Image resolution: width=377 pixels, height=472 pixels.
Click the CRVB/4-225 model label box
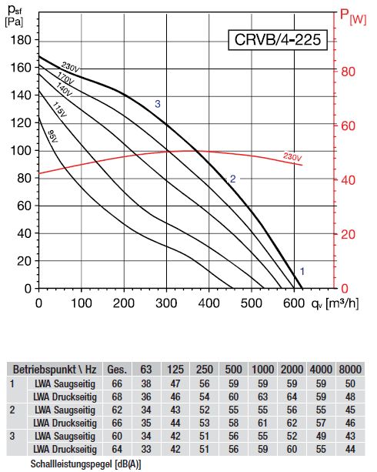(278, 39)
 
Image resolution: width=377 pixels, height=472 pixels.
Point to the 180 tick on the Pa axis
(21, 40)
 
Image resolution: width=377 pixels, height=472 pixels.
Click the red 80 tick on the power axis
(348, 72)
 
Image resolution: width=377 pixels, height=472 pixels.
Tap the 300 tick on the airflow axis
(166, 303)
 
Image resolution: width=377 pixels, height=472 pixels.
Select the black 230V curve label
(71, 67)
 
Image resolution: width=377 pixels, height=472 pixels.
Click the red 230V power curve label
(292, 157)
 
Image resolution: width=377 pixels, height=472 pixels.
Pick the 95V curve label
(52, 136)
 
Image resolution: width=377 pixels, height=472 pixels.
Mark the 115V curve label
(59, 109)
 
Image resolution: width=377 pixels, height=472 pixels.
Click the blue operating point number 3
(158, 104)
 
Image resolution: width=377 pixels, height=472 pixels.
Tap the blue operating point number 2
(232, 179)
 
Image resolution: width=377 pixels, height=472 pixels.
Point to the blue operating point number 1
(302, 271)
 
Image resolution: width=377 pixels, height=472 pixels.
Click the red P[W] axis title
(353, 17)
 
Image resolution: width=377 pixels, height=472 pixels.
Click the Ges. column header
(117, 370)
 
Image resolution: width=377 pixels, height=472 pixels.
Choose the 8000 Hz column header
(350, 370)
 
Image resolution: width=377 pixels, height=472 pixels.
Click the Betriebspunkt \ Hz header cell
(55, 370)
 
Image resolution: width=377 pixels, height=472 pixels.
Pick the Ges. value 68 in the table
(117, 397)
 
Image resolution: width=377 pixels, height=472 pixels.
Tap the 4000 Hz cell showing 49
(321, 436)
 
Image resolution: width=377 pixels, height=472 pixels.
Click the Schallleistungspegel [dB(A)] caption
(85, 464)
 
